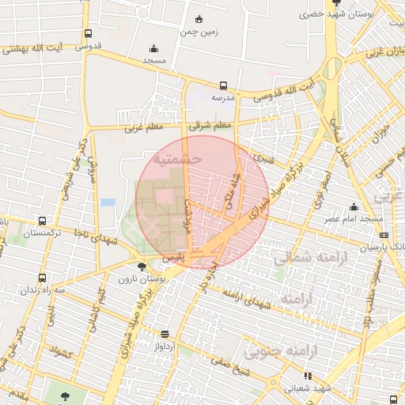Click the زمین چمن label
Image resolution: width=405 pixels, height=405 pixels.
(199, 32)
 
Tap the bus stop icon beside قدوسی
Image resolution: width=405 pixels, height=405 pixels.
(87, 34)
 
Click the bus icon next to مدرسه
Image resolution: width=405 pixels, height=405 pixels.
(224, 85)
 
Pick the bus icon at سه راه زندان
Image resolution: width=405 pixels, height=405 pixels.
(42, 278)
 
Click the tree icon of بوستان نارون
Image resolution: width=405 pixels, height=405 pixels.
(141, 267)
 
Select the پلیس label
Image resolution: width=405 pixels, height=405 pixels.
(173, 259)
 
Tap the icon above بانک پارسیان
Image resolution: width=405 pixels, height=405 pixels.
(384, 234)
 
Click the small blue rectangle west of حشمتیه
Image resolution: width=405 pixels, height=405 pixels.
(108, 202)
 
